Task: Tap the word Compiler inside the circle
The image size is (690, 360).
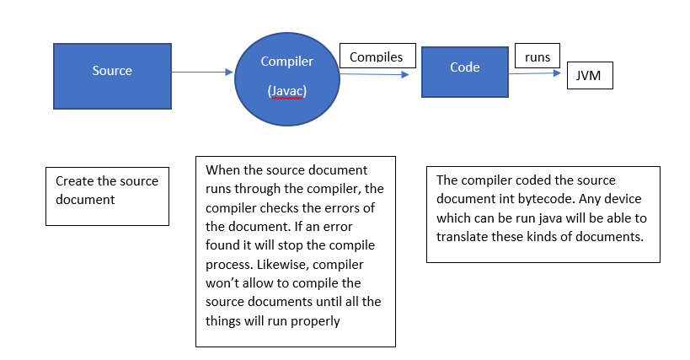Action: (286, 62)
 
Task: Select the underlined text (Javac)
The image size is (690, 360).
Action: (286, 90)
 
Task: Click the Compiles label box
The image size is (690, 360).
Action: (377, 57)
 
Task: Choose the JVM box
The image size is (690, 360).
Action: (589, 74)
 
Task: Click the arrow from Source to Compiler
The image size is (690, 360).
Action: (202, 73)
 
